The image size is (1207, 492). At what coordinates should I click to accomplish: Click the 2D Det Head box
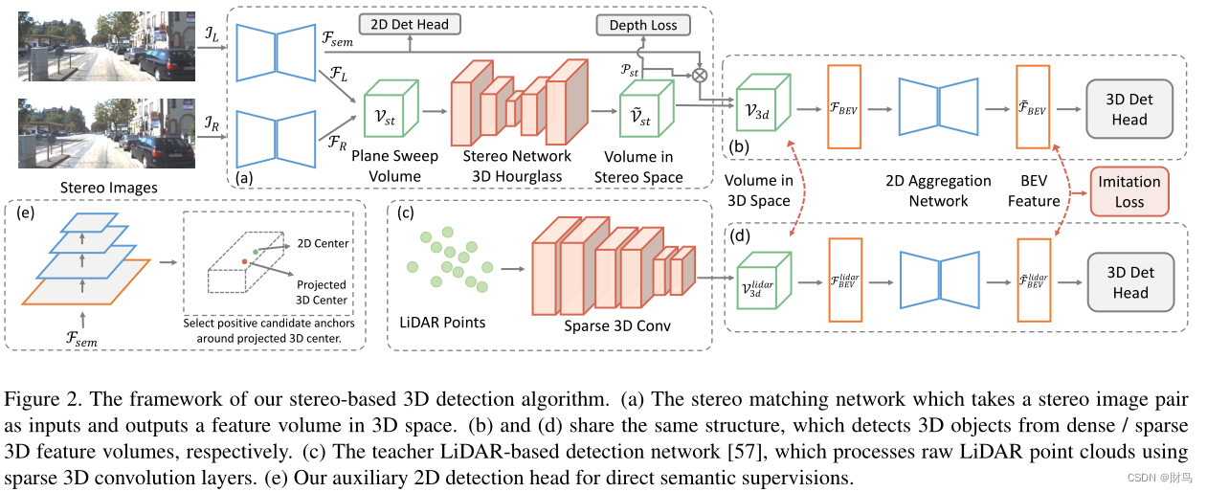(x=409, y=24)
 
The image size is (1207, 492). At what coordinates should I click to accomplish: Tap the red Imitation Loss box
(x=1129, y=191)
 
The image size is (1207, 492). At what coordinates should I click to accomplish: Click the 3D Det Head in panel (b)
(x=1129, y=110)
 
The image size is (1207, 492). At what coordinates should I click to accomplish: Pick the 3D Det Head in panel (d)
(x=1129, y=282)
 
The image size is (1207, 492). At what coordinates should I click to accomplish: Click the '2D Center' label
(x=323, y=243)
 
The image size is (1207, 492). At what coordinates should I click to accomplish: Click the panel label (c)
(x=406, y=214)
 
